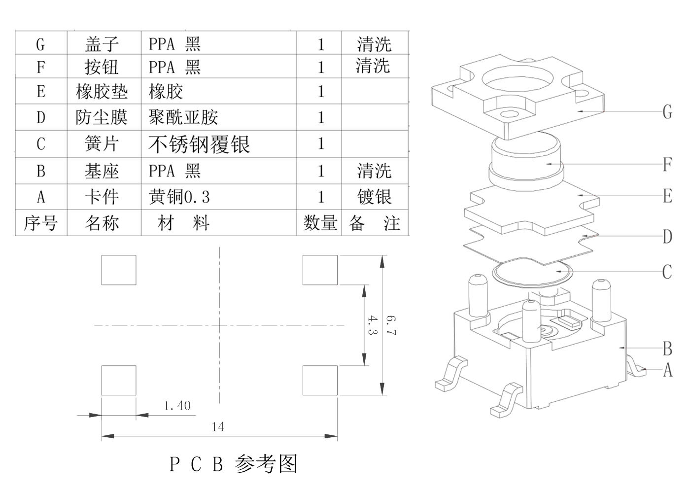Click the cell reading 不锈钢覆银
199,144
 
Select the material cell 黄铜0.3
179,197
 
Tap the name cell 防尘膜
102,117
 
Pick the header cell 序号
40,223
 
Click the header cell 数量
320,223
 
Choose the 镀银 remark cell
374,197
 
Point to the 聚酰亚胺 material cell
183,117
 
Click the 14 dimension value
218,427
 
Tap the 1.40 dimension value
177,406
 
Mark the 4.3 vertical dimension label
372,325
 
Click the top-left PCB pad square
119,270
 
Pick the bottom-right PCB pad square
320,381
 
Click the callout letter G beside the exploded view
667,112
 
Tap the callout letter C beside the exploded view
667,272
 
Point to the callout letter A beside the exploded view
667,370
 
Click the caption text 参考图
266,464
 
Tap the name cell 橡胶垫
102,91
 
